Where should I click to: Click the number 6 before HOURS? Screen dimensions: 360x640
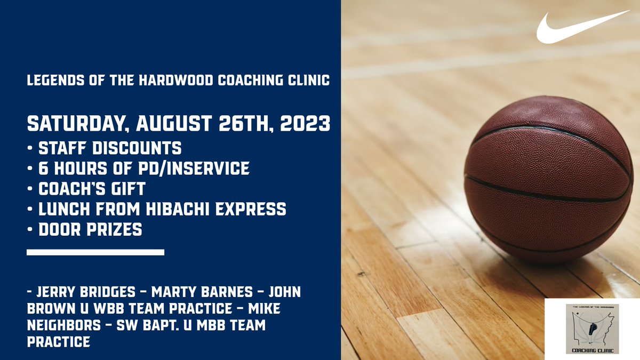point(43,168)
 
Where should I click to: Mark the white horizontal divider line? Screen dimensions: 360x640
point(95,252)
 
